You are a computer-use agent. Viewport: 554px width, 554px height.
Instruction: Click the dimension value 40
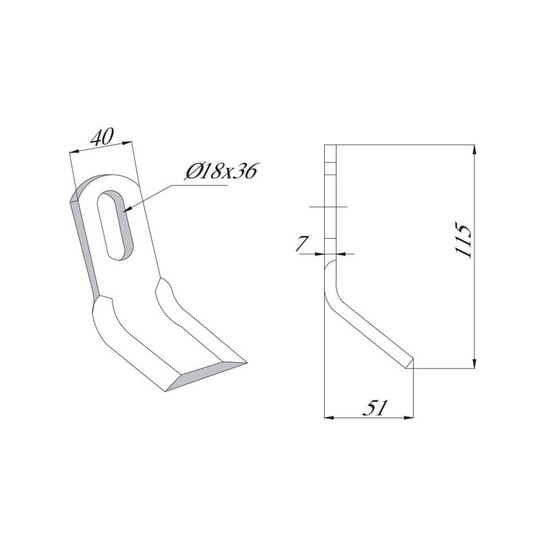102,137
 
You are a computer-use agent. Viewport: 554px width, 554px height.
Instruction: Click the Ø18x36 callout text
222,171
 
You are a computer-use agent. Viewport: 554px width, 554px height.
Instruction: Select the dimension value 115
463,240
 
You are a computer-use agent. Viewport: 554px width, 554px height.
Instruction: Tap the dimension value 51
375,408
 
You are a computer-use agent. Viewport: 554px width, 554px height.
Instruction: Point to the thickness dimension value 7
302,244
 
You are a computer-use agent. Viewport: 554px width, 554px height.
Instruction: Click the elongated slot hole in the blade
115,225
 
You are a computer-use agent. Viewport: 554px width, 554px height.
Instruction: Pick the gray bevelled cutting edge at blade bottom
206,376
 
